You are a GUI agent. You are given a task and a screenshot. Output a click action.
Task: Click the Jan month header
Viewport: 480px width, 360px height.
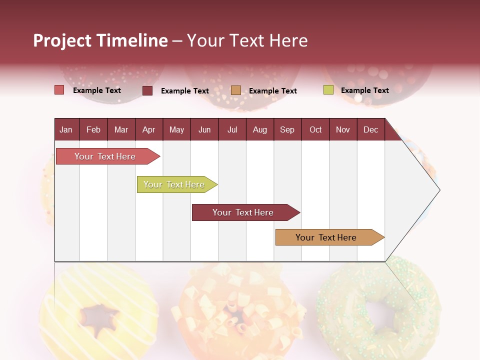coord(66,129)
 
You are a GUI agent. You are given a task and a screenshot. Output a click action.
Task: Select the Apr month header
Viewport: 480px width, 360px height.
coord(148,129)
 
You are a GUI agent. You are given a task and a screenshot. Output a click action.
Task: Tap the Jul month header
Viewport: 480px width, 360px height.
coord(232,129)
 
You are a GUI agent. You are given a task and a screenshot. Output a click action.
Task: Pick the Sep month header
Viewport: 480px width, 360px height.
coord(287,129)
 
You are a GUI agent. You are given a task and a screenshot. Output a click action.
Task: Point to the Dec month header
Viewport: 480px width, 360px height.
coord(370,129)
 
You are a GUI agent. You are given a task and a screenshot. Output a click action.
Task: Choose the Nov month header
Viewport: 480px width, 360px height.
coord(342,129)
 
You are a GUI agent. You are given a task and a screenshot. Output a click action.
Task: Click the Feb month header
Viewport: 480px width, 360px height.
coord(93,129)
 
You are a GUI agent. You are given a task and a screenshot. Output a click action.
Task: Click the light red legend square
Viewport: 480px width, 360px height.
coord(59,90)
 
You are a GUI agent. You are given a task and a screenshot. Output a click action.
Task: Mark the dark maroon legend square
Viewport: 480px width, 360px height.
coord(147,90)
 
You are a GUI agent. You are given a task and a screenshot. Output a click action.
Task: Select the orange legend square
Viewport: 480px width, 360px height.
coord(236,90)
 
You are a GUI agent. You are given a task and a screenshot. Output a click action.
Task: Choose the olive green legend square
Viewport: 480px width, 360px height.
coord(328,90)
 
